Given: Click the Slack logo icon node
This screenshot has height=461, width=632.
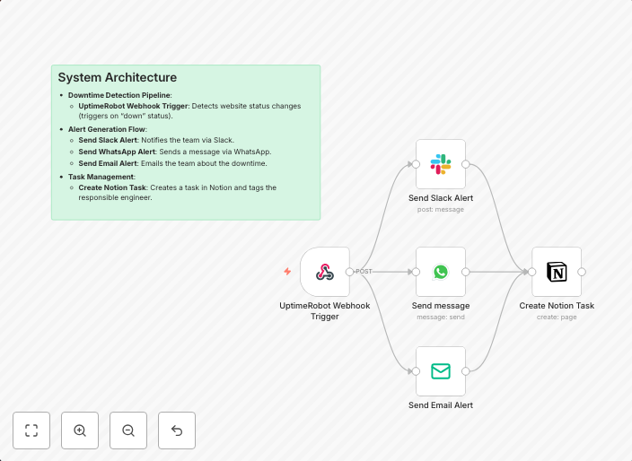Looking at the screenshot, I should point(441,164).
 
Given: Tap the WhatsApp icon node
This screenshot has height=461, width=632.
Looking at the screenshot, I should point(441,272).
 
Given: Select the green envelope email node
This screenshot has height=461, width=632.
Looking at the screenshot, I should point(441,371).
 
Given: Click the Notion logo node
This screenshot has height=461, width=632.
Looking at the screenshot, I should point(557,272).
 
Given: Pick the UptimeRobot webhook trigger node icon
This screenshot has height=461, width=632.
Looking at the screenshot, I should point(325,272).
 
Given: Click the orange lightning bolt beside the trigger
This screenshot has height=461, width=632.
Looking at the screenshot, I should point(287,272).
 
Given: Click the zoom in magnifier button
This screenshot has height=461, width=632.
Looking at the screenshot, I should point(80,431).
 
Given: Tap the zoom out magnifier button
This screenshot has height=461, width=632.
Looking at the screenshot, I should point(128,431).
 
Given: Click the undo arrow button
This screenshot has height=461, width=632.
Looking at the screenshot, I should point(177,431).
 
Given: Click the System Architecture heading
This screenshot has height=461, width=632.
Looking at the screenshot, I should point(118,78).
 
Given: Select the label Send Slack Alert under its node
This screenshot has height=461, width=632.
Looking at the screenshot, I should point(441,197).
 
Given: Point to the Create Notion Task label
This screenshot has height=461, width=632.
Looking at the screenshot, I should point(557,305).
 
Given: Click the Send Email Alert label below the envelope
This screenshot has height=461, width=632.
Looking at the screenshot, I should point(441,404).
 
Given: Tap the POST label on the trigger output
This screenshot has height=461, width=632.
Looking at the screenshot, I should point(364,271).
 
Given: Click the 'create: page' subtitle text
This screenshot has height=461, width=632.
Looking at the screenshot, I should point(557,317).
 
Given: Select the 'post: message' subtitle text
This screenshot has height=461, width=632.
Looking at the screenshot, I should point(441,209).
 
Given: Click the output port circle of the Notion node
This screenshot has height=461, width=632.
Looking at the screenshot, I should point(582,272).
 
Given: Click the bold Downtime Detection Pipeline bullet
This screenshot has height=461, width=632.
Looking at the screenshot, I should point(119,95).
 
